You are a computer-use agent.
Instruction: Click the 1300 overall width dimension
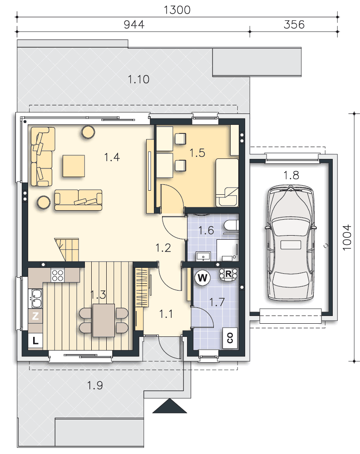[177, 10]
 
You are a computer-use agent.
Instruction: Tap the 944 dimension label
[134, 25]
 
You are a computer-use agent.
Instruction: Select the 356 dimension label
[294, 25]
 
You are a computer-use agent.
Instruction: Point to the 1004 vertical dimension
[347, 237]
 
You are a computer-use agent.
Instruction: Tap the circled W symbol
[202, 278]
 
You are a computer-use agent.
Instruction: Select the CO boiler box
[230, 338]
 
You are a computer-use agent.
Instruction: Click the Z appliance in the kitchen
[35, 316]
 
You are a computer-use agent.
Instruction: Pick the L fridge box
[35, 340]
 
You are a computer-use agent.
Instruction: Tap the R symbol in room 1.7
[228, 274]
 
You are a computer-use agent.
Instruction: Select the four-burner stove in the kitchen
[57, 275]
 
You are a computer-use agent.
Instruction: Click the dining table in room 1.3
[104, 320]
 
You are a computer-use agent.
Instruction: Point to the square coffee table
[74, 166]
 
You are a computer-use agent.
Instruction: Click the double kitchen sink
[36, 299]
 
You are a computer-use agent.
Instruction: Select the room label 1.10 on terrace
[138, 79]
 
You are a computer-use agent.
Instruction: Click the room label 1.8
[291, 175]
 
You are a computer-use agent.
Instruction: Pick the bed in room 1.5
[227, 183]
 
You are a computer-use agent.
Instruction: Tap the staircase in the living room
[67, 250]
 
